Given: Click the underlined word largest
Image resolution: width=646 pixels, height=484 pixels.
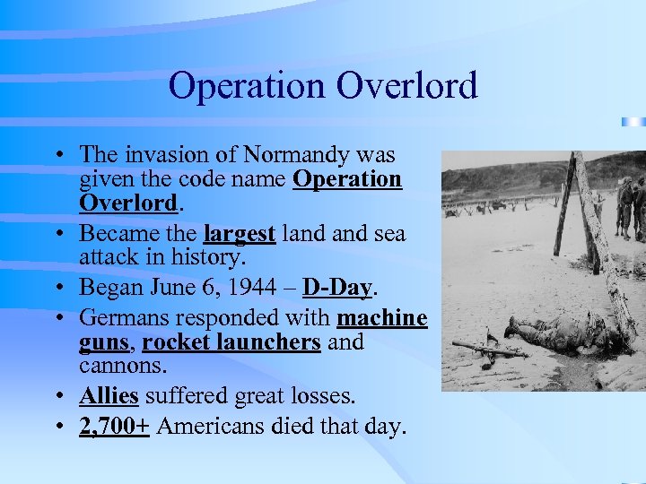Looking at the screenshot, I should coord(240,234).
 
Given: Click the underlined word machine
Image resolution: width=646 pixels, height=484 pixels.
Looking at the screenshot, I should coord(381,318).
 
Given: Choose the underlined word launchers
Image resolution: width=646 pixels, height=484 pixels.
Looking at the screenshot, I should coord(275,343).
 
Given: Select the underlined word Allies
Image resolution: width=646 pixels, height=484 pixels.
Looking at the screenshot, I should coord(109,395).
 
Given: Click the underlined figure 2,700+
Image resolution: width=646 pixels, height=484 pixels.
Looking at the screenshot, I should coord(114,427).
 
